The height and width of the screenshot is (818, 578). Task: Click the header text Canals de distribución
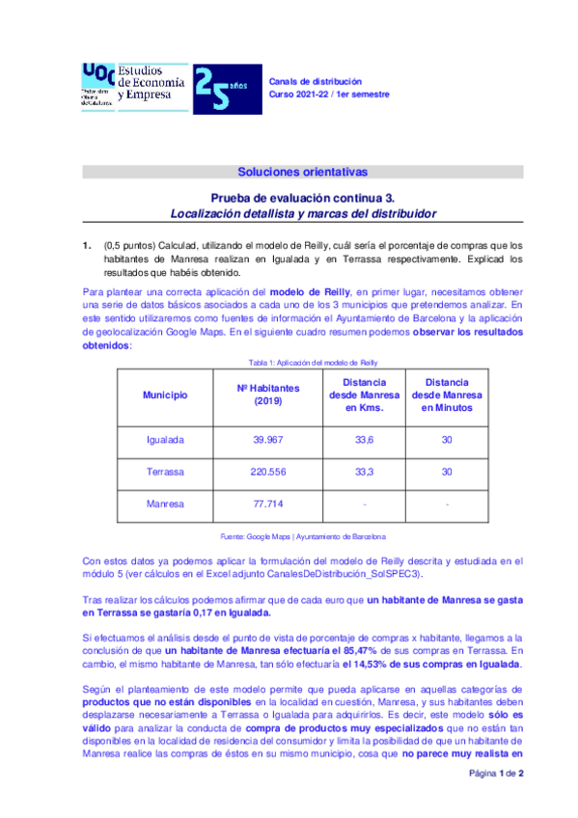point(315,81)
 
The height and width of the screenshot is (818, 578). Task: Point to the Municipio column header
point(165,395)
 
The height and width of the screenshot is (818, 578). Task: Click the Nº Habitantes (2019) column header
point(268,395)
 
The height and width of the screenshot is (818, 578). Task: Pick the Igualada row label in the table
point(165,440)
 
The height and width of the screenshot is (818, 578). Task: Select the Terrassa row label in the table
point(165,472)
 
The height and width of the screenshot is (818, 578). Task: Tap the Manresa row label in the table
point(165,504)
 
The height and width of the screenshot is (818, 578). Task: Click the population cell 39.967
point(268,440)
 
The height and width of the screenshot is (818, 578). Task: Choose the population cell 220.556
point(268,472)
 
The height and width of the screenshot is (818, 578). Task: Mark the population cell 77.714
point(268,504)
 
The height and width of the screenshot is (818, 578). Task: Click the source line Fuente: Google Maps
point(302,535)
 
